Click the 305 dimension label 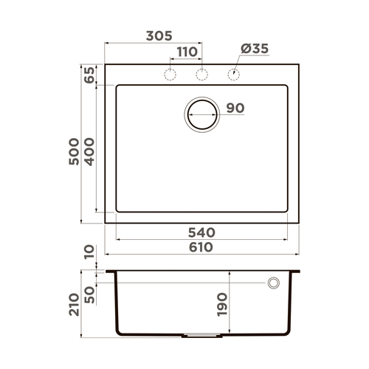point(159,35)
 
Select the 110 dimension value point(187,52)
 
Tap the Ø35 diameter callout point(255,49)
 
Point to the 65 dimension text point(90,75)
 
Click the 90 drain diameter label point(235,108)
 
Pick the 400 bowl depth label point(90,152)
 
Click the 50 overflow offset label point(90,294)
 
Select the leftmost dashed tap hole point(170,74)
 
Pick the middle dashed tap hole point(200,74)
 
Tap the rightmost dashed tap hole point(233,74)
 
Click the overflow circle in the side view point(273,283)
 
